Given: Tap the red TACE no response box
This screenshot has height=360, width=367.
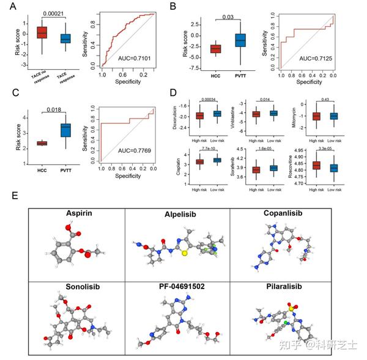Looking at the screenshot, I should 42,32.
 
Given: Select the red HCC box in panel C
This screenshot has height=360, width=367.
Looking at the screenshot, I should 42,143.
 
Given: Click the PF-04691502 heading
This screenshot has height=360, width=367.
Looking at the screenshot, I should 176,285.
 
